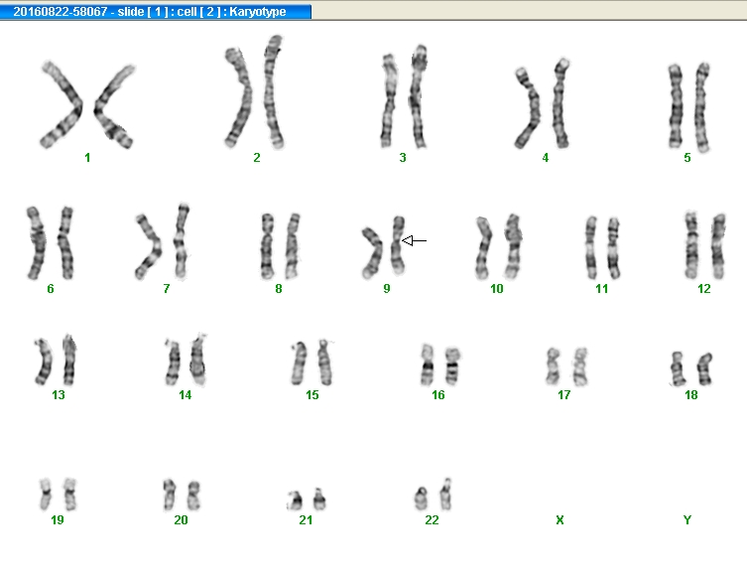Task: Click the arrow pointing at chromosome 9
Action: pyautogui.click(x=414, y=240)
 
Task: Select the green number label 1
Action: pyautogui.click(x=87, y=158)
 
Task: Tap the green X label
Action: pyautogui.click(x=560, y=520)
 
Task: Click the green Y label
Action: pyautogui.click(x=686, y=520)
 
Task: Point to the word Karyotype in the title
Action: pyautogui.click(x=258, y=12)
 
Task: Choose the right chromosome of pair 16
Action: pyautogui.click(x=452, y=366)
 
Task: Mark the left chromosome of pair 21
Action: pyautogui.click(x=296, y=501)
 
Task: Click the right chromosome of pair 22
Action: pyautogui.click(x=445, y=495)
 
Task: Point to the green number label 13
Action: pyautogui.click(x=59, y=395)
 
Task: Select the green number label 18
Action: pyautogui.click(x=690, y=395)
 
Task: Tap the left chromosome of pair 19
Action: pyautogui.click(x=46, y=495)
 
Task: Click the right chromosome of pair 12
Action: pyautogui.click(x=718, y=246)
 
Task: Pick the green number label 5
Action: pyautogui.click(x=686, y=158)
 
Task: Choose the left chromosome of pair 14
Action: pyautogui.click(x=173, y=362)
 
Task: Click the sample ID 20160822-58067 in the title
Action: pyautogui.click(x=61, y=12)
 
